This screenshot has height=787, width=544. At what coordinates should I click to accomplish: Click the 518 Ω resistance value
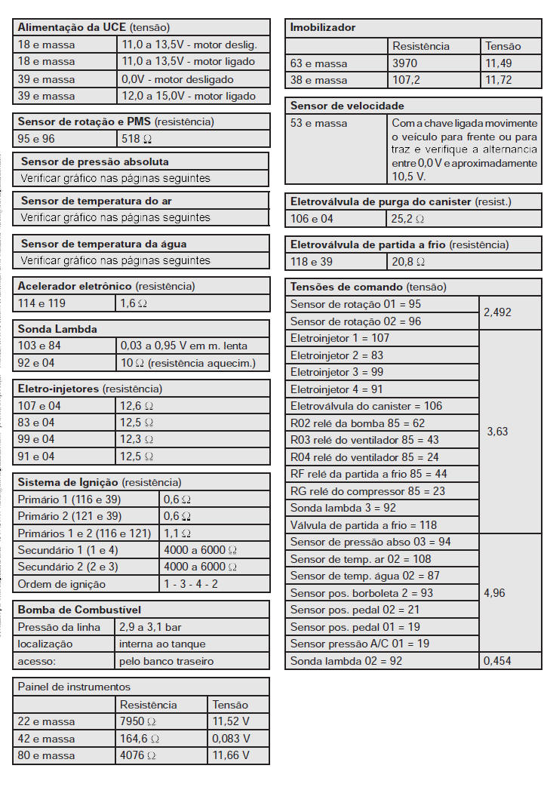[137, 139]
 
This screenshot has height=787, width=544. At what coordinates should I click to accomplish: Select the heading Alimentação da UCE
[71, 27]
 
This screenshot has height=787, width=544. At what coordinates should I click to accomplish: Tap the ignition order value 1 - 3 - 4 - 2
[191, 584]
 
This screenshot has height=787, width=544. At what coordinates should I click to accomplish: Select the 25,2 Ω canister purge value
[407, 219]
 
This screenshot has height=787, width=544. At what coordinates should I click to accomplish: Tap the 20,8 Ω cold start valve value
[408, 262]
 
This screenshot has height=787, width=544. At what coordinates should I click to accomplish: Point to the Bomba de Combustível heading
[79, 610]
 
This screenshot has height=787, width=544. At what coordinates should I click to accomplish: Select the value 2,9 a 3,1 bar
[150, 627]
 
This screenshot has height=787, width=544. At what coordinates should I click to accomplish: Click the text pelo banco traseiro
[166, 661]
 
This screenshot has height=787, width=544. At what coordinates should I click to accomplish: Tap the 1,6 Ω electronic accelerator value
[134, 303]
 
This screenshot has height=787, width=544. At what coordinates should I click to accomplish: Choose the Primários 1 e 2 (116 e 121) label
[84, 533]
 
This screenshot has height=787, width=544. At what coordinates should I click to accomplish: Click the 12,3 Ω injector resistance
[137, 439]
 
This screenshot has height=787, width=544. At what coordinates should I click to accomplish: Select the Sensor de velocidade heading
[347, 106]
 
